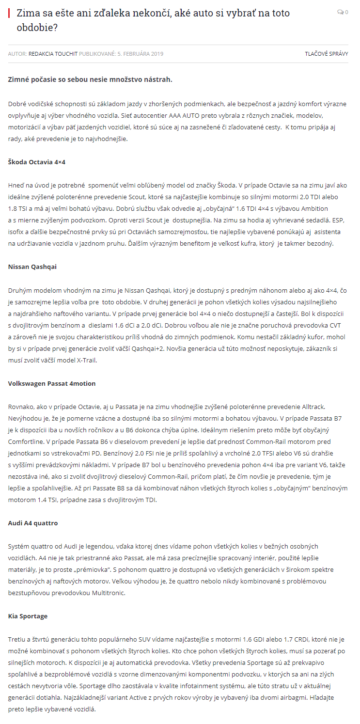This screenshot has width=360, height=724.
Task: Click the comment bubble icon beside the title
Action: click(340, 12)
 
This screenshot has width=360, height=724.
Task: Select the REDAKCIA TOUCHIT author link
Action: click(53, 54)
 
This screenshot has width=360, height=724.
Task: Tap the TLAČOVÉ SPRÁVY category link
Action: click(326, 54)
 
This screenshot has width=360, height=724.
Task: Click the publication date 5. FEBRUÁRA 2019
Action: click(140, 54)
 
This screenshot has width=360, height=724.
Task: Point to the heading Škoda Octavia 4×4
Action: click(37, 162)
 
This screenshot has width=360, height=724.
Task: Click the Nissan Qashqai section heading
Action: click(32, 267)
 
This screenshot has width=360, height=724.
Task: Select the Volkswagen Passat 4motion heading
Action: click(52, 383)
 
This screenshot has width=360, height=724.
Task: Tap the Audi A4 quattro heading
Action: click(33, 523)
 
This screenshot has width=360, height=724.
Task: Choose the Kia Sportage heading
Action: click(27, 616)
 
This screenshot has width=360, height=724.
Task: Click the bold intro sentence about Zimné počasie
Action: click(90, 79)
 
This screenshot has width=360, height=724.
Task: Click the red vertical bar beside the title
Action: click(9, 13)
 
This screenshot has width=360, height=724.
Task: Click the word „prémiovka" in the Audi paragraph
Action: click(75, 569)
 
